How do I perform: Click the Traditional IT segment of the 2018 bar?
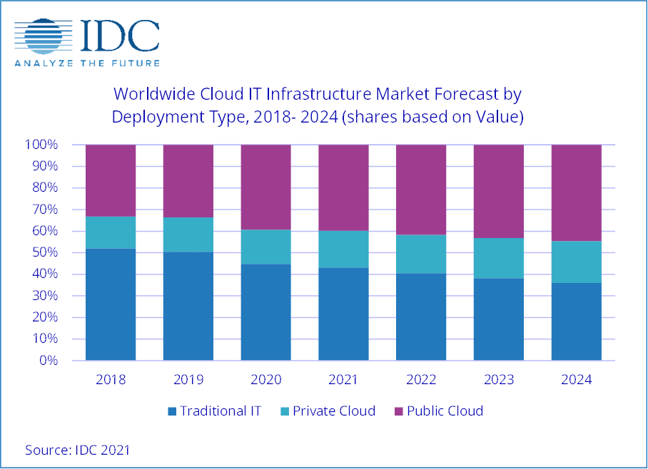point(111,304)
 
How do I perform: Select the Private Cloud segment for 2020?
point(266,247)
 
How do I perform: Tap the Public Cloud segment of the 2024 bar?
point(577,192)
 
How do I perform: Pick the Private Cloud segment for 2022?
point(421,254)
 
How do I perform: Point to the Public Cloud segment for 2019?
point(188,181)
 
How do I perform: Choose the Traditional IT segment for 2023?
point(499,319)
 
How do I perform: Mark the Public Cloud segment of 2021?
point(343,187)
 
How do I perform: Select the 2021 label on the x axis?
point(343,380)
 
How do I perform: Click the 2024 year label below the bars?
point(577,380)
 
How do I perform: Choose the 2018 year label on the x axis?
point(111,380)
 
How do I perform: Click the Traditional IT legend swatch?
point(171,411)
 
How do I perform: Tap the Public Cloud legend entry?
point(437,411)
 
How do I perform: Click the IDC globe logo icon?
point(42,36)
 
